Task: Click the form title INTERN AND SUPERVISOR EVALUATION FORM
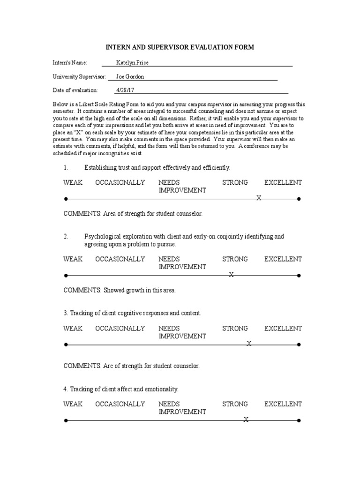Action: [180, 47]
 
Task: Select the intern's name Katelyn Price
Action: [132, 63]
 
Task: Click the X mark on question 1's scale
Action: [258, 199]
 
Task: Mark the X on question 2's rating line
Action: [231, 275]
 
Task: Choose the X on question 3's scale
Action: [249, 345]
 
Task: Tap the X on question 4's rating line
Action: [246, 420]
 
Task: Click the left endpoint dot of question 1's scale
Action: [66, 199]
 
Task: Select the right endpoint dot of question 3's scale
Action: [299, 345]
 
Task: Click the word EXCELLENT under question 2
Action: [283, 259]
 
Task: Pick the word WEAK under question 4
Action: [73, 404]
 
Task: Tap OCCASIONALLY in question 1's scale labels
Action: [120, 182]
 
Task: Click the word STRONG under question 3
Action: [235, 328]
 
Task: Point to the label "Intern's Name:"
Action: [69, 63]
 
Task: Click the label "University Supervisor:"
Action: [79, 76]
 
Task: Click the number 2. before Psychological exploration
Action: [66, 237]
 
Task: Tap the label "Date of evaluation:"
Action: [75, 90]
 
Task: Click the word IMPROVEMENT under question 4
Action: [182, 412]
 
